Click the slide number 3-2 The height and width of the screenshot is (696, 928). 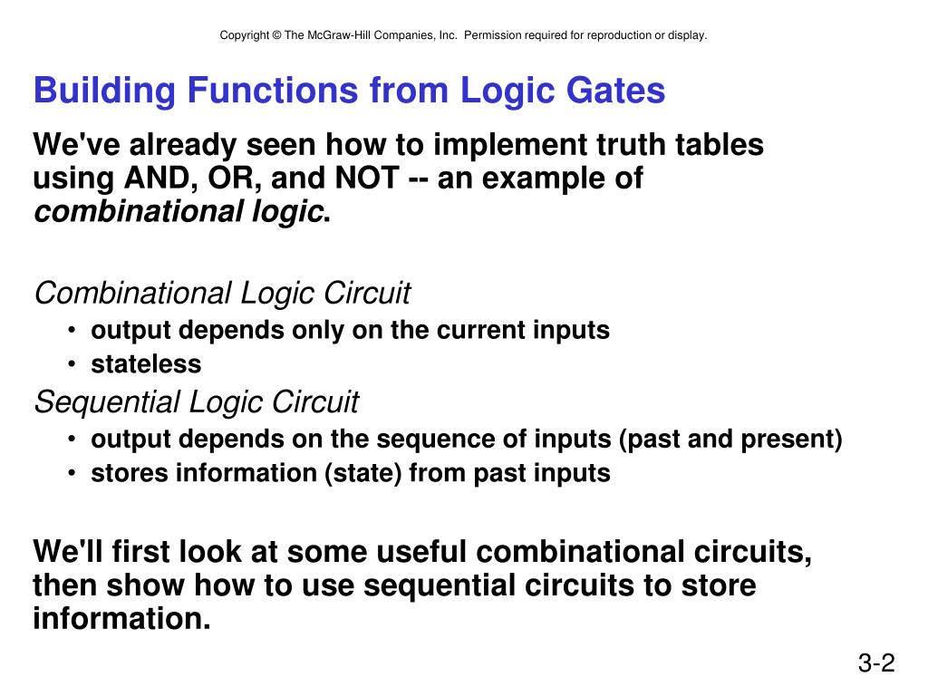[x=875, y=664]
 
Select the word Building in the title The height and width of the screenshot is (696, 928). [x=102, y=91]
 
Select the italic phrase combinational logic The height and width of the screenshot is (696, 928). [x=179, y=212]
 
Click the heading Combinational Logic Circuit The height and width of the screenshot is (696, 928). [x=222, y=294]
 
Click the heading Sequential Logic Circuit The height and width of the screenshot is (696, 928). [x=196, y=401]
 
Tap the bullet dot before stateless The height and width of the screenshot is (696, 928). [x=72, y=365]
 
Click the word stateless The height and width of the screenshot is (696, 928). [x=146, y=364]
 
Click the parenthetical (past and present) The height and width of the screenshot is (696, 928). [x=730, y=440]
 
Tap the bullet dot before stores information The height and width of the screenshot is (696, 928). [x=72, y=474]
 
